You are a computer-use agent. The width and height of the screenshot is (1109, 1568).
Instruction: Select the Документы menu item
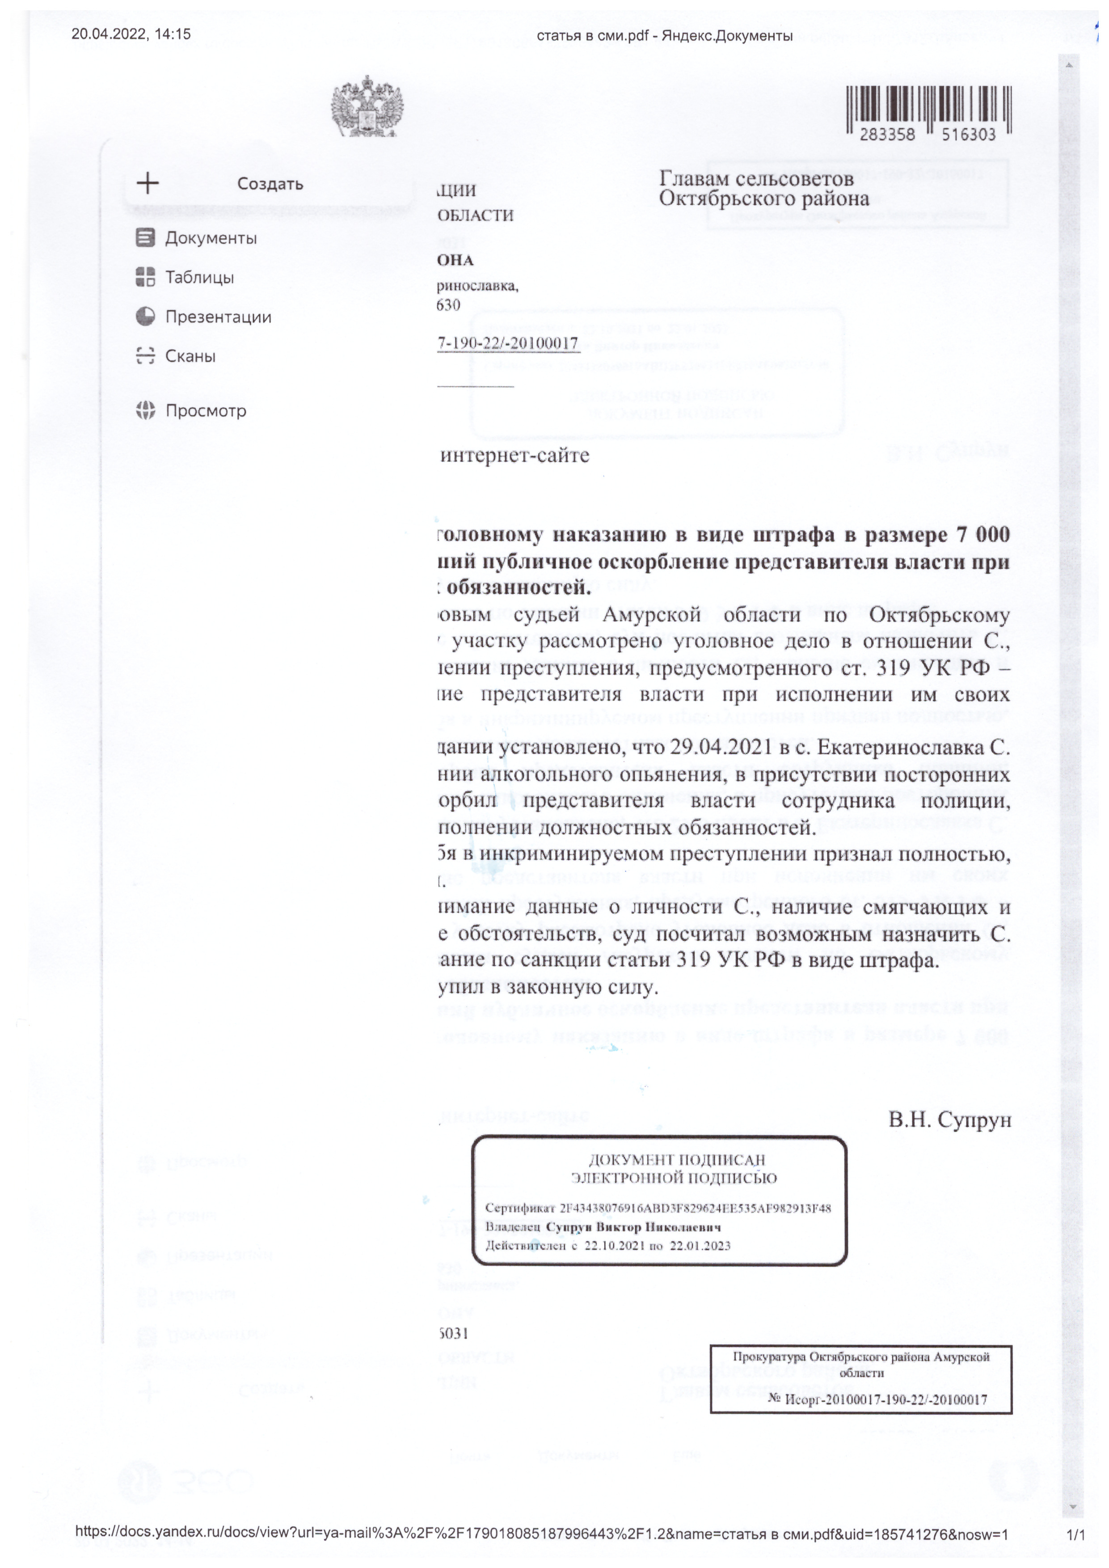click(x=211, y=238)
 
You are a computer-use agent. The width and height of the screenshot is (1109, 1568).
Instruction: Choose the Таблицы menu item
click(x=199, y=277)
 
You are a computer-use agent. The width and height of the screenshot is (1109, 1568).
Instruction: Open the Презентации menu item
click(x=218, y=317)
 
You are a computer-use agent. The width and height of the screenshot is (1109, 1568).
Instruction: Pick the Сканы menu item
click(x=190, y=356)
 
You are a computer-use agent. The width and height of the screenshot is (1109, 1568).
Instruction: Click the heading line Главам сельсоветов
click(x=756, y=179)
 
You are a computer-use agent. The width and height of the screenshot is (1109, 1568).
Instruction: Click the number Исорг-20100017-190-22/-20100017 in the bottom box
click(x=886, y=1399)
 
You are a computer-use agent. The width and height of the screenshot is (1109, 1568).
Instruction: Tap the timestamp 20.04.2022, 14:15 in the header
click(x=131, y=34)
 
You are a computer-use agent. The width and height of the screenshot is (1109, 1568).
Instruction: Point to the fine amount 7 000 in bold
click(x=983, y=535)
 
